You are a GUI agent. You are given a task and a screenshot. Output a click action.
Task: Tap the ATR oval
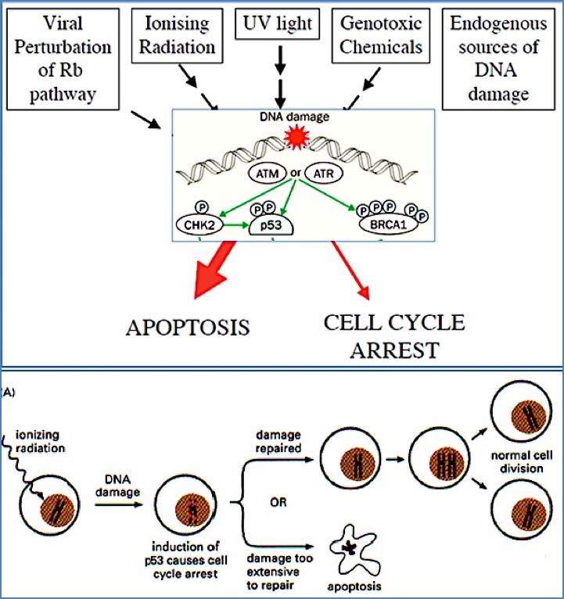pos(322,174)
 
